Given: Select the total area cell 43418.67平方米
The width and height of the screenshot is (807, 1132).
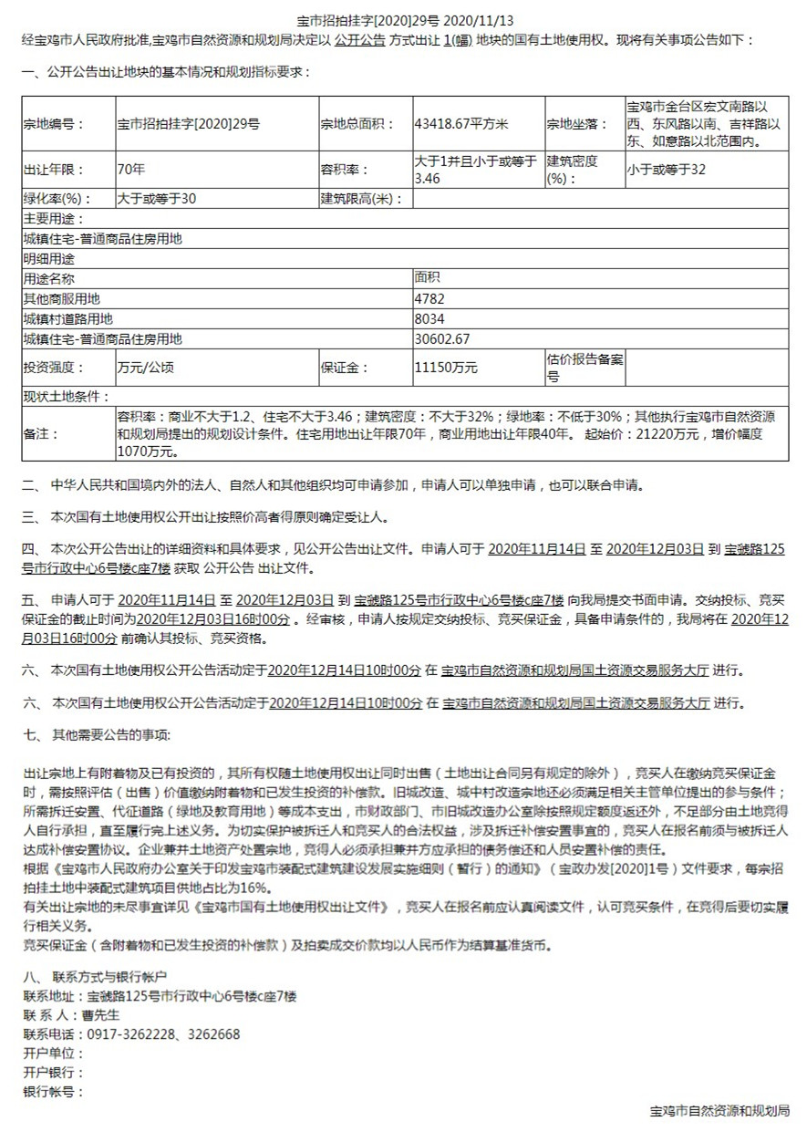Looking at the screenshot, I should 460,124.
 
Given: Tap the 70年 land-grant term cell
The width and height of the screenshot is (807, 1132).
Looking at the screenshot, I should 131,169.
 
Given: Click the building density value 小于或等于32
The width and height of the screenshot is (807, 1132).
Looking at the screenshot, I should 666,169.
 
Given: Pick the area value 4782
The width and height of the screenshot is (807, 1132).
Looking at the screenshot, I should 429,298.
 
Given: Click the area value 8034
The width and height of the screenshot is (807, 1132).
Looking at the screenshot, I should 429,318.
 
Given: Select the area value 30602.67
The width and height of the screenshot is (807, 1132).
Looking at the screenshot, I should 442,338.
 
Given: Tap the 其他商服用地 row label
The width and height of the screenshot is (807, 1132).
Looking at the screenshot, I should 62,298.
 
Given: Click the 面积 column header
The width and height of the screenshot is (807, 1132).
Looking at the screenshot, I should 428,278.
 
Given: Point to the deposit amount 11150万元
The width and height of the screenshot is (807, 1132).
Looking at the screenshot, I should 446,368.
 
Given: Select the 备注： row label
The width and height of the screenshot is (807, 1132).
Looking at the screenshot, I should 42,433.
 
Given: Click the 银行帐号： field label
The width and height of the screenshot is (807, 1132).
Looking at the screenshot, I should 53,1091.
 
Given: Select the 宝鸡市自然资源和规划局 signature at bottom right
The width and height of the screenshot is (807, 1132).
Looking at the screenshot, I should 719,1112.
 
